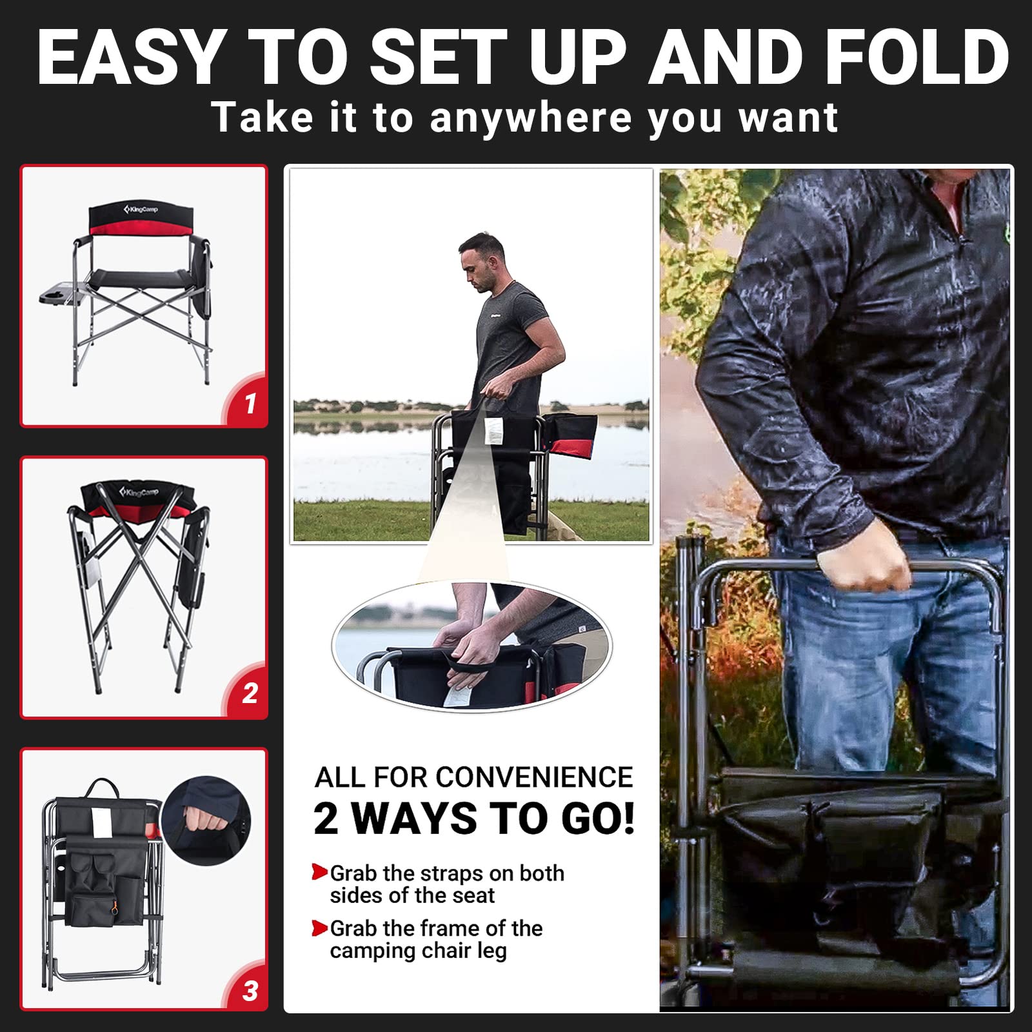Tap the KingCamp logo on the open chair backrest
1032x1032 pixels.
(141, 210)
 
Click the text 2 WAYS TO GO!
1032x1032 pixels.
(474, 819)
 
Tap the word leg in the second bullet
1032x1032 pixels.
(491, 951)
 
